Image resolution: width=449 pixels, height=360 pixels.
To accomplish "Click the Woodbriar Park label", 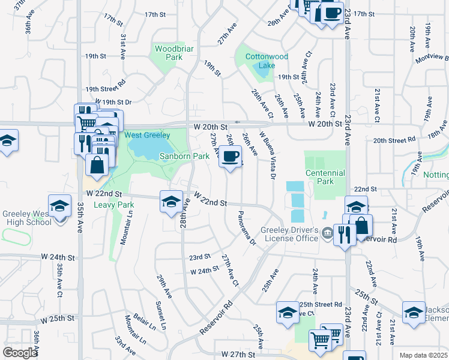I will [x=168, y=53].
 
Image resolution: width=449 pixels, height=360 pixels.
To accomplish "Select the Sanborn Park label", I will [x=184, y=156].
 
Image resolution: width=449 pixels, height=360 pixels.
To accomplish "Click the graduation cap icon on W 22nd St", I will [x=171, y=202].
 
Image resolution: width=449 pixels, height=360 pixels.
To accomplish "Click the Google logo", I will [x=20, y=352].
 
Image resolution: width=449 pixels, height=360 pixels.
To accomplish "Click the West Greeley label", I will [x=147, y=135].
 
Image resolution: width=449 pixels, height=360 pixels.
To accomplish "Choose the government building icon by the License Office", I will [x=327, y=233].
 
